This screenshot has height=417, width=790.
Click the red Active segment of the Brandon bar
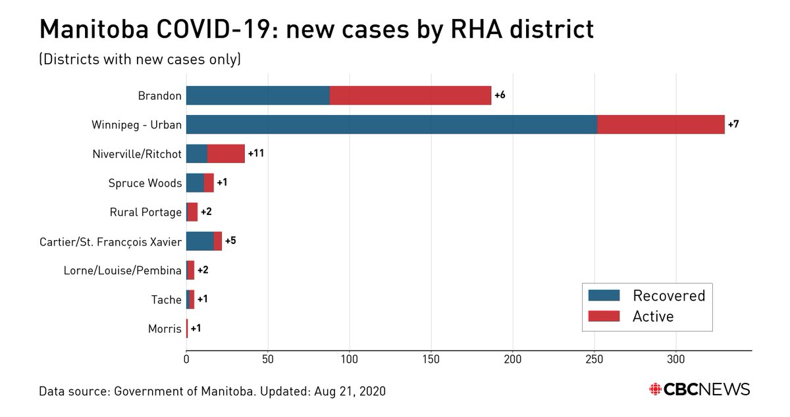click(410, 95)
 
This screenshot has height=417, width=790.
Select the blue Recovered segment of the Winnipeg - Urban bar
click(391, 124)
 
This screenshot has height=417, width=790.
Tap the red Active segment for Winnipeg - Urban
click(661, 124)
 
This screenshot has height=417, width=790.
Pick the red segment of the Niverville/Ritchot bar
click(226, 154)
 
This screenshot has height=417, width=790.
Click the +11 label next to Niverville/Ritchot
click(255, 154)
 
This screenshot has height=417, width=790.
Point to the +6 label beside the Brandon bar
click(500, 95)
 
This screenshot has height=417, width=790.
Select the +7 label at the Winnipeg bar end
click(733, 124)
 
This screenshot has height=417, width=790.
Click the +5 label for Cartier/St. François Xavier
click(230, 241)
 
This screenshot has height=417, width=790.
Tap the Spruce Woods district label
click(145, 184)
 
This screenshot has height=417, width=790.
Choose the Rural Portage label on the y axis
click(145, 212)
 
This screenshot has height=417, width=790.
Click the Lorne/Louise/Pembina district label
click(122, 270)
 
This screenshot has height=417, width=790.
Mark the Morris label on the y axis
click(165, 329)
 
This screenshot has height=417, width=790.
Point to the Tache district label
click(166, 300)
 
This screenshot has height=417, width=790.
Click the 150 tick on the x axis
click(431, 360)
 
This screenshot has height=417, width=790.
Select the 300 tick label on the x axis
click(676, 360)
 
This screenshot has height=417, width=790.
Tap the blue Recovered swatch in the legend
click(604, 295)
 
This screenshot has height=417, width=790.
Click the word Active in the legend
click(653, 316)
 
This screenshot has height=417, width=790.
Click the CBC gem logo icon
click(656, 389)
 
